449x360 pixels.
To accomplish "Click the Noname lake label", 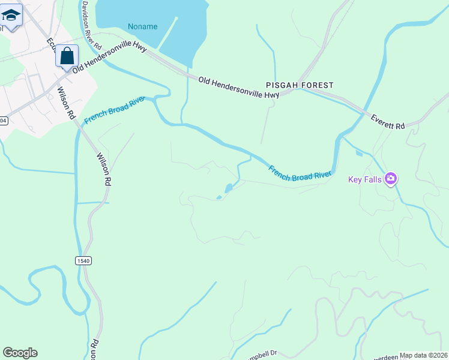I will (142, 26).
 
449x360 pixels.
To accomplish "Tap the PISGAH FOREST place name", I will (300, 85).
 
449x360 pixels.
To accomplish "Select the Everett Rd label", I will (387, 122).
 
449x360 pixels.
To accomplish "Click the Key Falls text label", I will (366, 179).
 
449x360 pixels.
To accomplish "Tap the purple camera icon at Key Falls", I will (391, 178).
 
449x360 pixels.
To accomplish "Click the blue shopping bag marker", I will (67, 56).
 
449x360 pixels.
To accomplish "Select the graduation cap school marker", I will (10, 14).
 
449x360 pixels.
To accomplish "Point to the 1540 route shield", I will (83, 260).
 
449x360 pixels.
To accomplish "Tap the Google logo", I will (20, 353).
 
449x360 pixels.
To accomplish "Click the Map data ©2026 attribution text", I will (423, 355).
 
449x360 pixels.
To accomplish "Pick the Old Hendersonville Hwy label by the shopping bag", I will (109, 58).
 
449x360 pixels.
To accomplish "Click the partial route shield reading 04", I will (3, 121).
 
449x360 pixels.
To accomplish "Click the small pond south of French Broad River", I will (228, 188).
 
